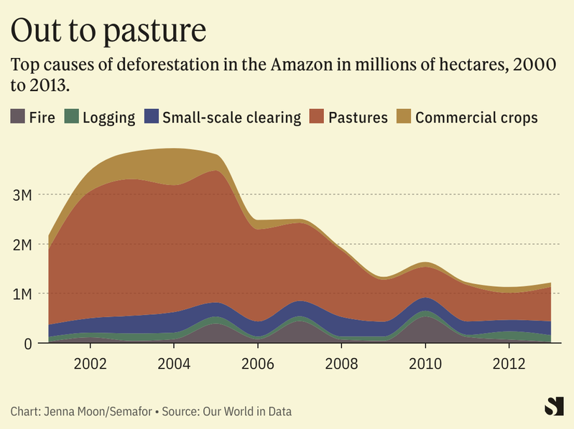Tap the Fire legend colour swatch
(18, 117)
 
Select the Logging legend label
(108, 118)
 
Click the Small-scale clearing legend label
(231, 117)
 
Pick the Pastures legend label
(358, 117)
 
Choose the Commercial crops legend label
(476, 117)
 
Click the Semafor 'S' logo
(553, 406)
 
